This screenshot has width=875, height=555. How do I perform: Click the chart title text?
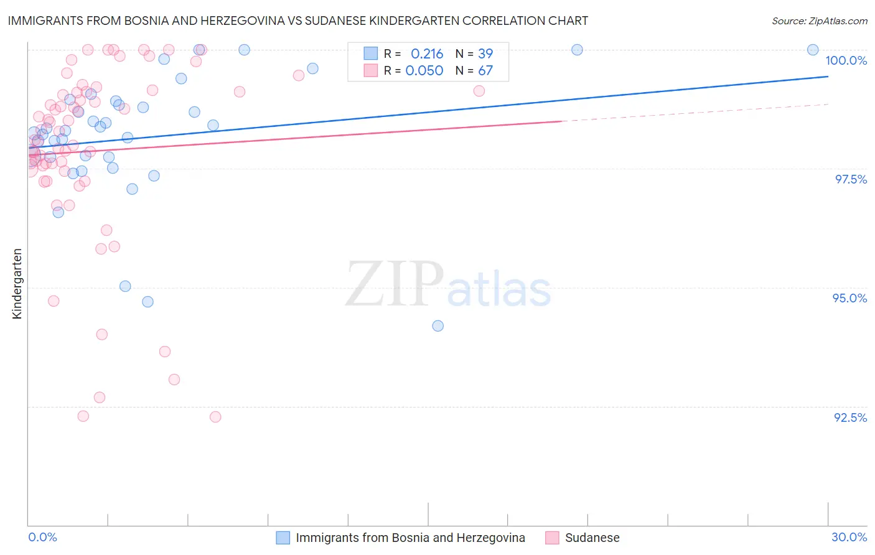pos(297,21)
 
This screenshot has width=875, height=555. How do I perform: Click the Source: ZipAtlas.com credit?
pos(819,21)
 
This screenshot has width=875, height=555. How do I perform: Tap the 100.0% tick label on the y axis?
pos(846,60)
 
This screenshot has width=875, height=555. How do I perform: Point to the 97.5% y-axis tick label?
pos(850,179)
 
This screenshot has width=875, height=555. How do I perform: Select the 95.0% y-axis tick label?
pos(849,298)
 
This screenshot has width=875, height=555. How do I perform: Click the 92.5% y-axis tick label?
pos(850,417)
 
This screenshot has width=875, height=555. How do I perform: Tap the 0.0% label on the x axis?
pos(42,537)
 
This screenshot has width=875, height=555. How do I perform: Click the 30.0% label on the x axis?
pos(849,537)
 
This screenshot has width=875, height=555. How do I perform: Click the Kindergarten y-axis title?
pos(17,284)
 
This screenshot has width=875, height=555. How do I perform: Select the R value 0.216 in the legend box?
pos(427,54)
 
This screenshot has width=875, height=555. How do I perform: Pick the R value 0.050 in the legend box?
pos(424,70)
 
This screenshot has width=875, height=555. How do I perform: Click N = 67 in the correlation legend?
pos(474,70)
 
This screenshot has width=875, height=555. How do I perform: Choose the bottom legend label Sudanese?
pos(592,538)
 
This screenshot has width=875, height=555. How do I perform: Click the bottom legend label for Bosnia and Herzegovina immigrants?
pos(410,538)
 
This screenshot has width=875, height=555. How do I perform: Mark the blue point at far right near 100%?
pos(813,50)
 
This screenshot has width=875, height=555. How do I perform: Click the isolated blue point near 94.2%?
pos(438,326)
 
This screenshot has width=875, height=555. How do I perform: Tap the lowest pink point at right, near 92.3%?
pos(215,417)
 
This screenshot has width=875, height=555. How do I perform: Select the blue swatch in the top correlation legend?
pos(371,54)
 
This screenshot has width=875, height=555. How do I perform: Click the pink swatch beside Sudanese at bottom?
pos(552,538)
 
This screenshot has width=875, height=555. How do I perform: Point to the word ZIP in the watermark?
pos(394,284)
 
